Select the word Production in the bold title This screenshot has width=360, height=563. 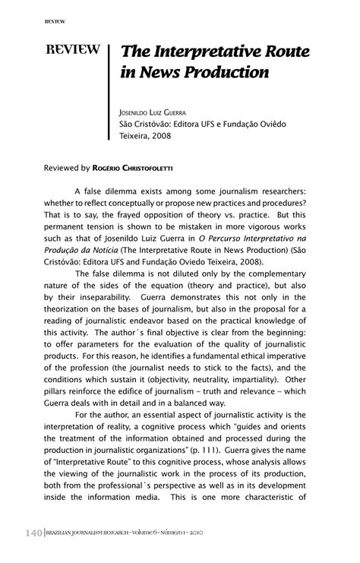(x=231, y=74)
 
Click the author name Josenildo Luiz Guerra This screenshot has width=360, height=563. (x=159, y=112)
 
